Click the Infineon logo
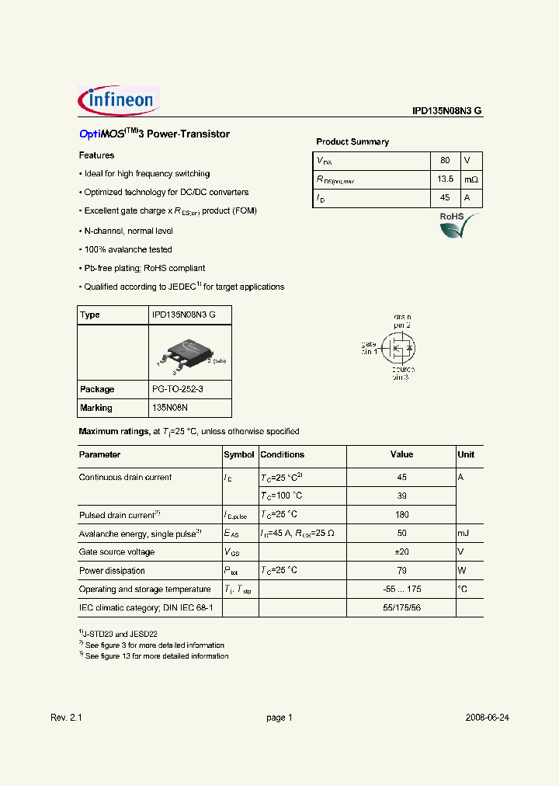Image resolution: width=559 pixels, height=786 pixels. tap(119, 100)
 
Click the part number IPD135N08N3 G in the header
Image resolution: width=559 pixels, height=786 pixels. tap(447, 111)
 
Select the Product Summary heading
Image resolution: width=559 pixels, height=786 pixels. tap(352, 142)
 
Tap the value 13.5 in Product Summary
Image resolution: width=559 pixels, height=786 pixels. tap(445, 179)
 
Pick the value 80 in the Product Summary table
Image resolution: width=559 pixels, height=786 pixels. tap(445, 161)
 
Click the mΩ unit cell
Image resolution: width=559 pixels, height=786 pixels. tap(471, 179)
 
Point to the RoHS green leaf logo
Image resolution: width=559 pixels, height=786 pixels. tap(453, 226)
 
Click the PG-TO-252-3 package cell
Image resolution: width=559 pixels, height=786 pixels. tap(177, 389)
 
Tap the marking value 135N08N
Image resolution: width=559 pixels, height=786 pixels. tap(170, 408)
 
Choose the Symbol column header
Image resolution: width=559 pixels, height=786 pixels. tap(239, 455)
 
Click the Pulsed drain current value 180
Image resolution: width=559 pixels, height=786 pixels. tap(401, 515)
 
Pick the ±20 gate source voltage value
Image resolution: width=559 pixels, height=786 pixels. tap(401, 552)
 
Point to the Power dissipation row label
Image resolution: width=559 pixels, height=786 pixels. tap(112, 571)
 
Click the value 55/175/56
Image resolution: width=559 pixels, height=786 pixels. tap(401, 608)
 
